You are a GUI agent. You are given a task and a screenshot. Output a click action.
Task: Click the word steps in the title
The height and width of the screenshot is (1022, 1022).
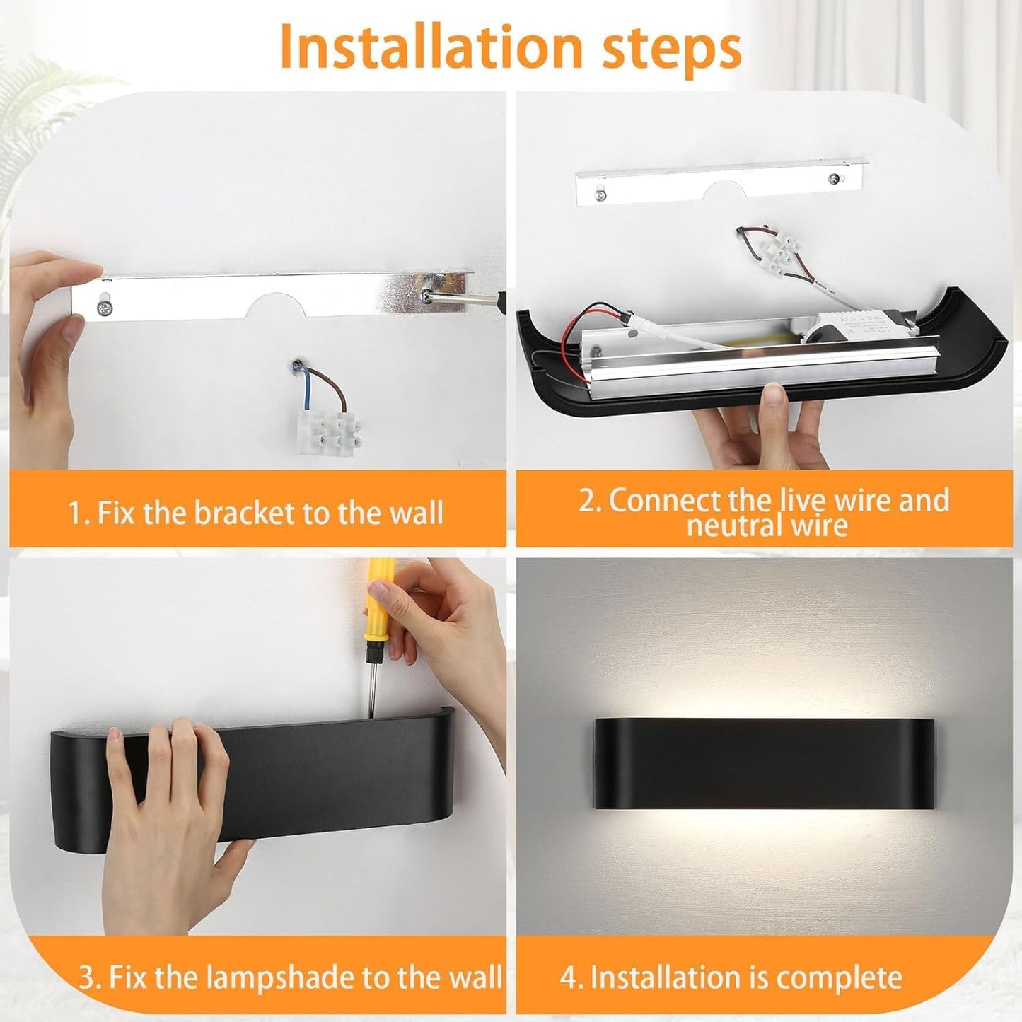[x=672, y=50]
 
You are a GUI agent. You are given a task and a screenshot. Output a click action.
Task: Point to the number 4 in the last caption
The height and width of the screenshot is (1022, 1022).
[x=568, y=977]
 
